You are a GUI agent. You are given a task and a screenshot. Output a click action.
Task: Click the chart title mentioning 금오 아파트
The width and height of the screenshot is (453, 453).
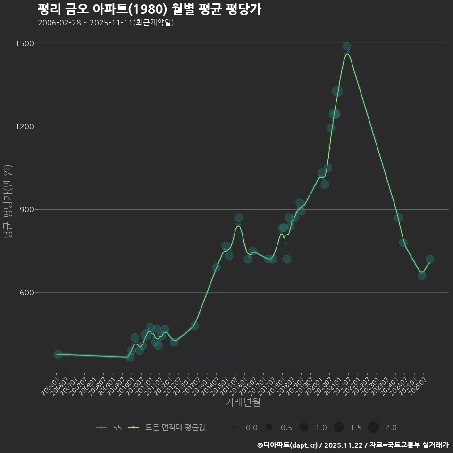click(149, 10)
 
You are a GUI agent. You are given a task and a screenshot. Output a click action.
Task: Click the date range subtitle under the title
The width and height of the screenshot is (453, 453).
click(106, 23)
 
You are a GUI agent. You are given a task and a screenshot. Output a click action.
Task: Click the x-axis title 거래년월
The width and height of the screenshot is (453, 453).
click(243, 402)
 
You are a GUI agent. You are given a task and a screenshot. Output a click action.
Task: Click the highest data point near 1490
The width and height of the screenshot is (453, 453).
click(346, 47)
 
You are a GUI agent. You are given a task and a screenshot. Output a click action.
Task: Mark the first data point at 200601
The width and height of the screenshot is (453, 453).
click(58, 354)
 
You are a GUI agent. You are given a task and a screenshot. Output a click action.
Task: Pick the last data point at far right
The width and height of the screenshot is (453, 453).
click(429, 260)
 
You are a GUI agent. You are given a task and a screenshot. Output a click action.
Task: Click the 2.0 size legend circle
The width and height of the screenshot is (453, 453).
click(373, 428)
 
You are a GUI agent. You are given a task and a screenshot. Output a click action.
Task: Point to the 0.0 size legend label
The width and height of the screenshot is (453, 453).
click(252, 428)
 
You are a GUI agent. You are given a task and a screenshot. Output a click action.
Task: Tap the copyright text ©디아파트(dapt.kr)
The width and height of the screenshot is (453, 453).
click(288, 445)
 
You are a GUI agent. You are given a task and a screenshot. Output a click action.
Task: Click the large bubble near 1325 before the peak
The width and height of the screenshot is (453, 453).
click(337, 91)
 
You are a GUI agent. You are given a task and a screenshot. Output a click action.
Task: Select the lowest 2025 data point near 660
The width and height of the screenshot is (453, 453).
click(422, 276)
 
